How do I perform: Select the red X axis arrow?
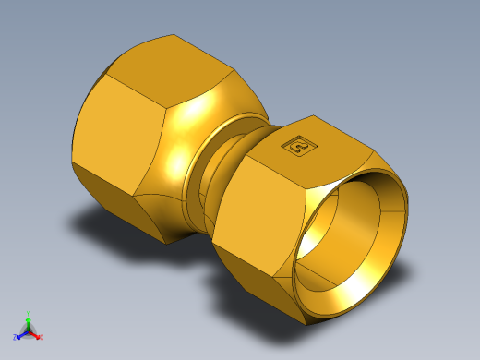click(x=36, y=335)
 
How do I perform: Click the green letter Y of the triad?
click(x=29, y=313)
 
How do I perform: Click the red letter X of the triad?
click(x=42, y=338)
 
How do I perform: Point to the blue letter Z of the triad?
click(x=15, y=338)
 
